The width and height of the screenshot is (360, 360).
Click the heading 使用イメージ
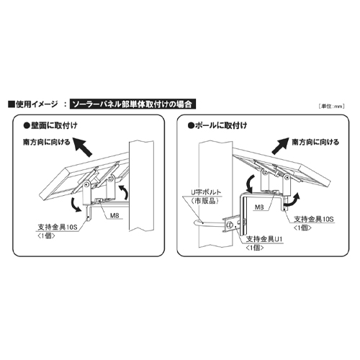pos(36,104)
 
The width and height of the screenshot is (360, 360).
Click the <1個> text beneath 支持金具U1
pos(258,247)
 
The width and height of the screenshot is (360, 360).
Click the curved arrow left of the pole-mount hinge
pos(246,179)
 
